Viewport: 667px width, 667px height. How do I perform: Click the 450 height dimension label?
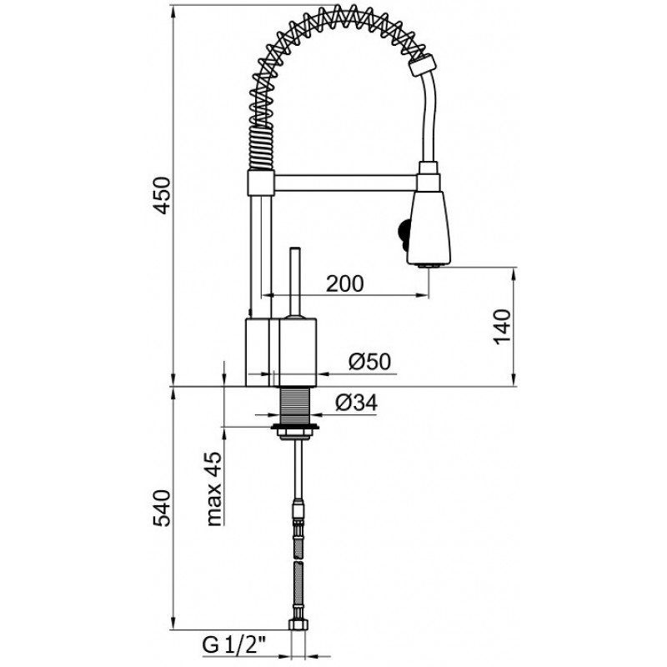pyautogui.click(x=162, y=195)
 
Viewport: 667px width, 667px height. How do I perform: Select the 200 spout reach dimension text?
pyautogui.click(x=345, y=283)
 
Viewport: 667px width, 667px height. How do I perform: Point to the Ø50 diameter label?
pyautogui.click(x=369, y=362)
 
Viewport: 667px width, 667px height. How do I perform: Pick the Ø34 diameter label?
pyautogui.click(x=357, y=403)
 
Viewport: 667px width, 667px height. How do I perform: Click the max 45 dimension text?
pyautogui.click(x=214, y=489)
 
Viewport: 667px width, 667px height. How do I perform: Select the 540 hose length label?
pyautogui.click(x=162, y=509)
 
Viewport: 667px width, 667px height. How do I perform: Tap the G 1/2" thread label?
pyautogui.click(x=233, y=645)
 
